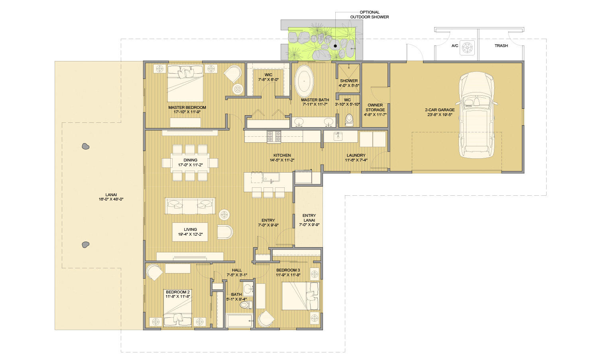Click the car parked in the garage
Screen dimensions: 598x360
(x=476, y=115)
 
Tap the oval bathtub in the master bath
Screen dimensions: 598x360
(x=304, y=81)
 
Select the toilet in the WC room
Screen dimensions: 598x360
(x=349, y=120)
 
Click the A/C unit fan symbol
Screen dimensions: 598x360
(x=467, y=48)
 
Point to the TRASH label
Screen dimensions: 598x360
(x=501, y=46)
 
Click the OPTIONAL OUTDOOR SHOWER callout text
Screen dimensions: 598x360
(x=370, y=14)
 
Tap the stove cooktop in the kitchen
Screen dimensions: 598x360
(x=274, y=136)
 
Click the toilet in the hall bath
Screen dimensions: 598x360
(x=246, y=305)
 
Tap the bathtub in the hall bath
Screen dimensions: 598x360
(x=239, y=321)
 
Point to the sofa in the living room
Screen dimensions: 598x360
(x=190, y=206)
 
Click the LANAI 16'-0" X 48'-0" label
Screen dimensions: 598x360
(x=111, y=197)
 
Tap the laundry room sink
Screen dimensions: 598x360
(x=338, y=136)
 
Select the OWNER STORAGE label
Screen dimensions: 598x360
(x=375, y=110)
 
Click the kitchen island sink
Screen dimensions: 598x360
(x=271, y=177)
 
